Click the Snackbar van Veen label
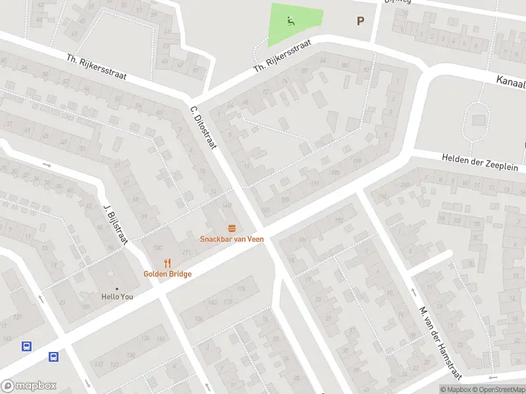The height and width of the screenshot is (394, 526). [232, 239]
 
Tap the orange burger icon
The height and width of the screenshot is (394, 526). [232, 229]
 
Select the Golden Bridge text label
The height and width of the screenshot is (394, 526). [168, 274]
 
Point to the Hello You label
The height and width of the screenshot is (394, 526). [117, 297]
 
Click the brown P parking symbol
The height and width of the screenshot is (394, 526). [360, 21]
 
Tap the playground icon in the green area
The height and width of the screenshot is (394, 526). [291, 20]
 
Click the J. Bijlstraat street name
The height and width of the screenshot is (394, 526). [115, 223]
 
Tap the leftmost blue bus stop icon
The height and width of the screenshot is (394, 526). [26, 346]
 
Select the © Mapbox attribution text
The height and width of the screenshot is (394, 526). [455, 390]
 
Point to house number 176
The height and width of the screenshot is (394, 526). [241, 289]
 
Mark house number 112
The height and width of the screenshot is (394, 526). [100, 364]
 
